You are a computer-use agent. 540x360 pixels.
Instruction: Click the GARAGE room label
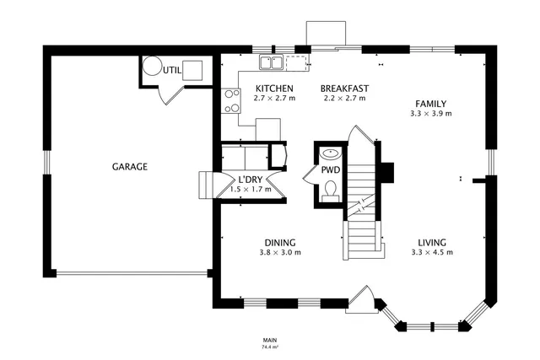[x=130, y=167]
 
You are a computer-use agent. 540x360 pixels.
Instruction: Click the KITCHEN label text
[x=274, y=89]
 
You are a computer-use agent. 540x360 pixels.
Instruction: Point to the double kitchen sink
[x=271, y=62]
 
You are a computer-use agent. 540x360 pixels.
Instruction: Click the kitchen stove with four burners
[x=230, y=101]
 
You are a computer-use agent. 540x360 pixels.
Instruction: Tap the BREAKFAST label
[x=344, y=89]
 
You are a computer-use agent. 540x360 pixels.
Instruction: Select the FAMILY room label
[x=430, y=104]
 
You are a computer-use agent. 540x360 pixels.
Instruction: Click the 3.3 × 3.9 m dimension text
[x=430, y=114]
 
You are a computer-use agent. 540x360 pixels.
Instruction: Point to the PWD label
[x=330, y=170]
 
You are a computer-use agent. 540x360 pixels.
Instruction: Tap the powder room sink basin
[x=330, y=154]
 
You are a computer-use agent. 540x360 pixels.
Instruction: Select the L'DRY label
[x=251, y=180]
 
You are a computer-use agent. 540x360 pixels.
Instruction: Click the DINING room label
[x=279, y=243]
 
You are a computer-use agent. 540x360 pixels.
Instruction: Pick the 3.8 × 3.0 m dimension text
[x=279, y=253]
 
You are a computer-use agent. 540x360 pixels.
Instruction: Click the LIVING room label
[x=429, y=243]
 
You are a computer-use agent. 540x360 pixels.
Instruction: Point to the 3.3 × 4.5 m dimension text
[x=429, y=253]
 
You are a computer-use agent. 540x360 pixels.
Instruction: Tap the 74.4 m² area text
[x=270, y=347]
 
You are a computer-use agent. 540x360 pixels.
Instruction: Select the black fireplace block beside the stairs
[x=386, y=171]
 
